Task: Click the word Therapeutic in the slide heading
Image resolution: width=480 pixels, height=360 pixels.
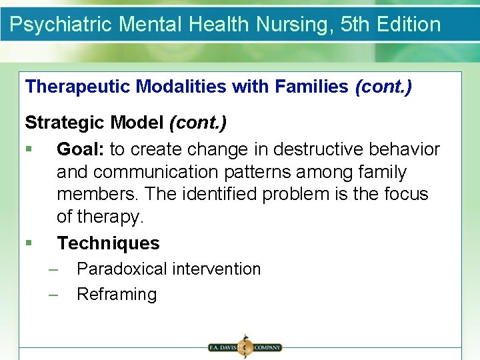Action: pos(79,87)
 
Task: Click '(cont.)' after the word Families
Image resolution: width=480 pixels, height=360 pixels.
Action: pos(383,87)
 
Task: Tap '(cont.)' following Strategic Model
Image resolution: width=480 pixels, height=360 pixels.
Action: pos(198,123)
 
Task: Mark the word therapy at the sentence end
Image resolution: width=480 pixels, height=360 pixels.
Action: pos(109,217)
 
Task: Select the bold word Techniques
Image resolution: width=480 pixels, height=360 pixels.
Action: pos(108,243)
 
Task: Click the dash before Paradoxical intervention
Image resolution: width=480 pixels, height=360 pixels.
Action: pos(53,269)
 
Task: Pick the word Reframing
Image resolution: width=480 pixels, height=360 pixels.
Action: pos(117,294)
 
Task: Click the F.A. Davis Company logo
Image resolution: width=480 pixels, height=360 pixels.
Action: pos(245,347)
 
